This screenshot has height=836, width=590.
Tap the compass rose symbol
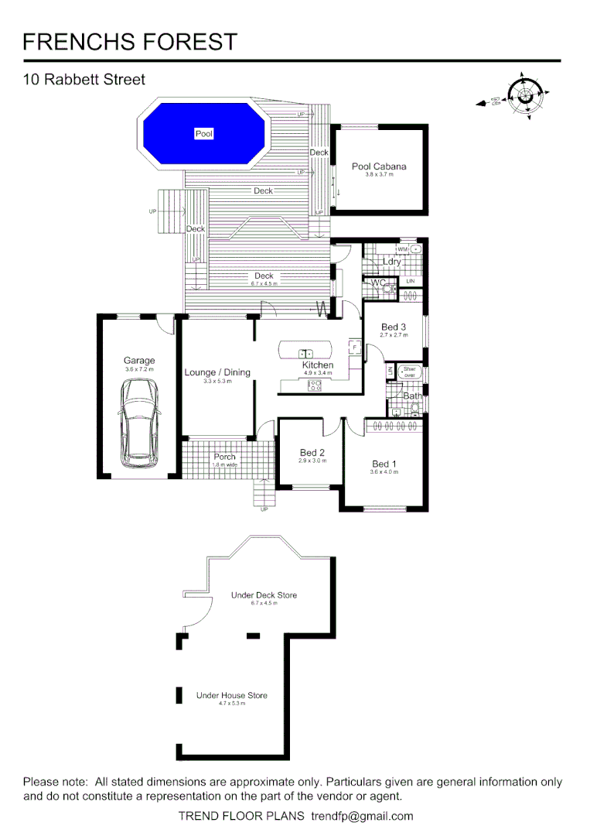pos(525,95)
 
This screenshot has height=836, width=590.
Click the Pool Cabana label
pos(379,166)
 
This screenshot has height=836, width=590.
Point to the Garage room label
pos(139,360)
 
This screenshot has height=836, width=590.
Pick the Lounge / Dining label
pos(217,372)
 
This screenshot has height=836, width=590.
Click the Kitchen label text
pos(318,365)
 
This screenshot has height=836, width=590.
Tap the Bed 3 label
pos(394,327)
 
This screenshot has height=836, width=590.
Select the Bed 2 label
pos(312,453)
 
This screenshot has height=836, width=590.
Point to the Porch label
pos(224,457)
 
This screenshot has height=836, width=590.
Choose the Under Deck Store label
pos(264,595)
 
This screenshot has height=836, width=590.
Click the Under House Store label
pos(231,695)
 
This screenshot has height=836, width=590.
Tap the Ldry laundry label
pos(392,262)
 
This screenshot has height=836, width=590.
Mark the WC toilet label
pos(377,283)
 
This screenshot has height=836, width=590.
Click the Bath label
pos(413,396)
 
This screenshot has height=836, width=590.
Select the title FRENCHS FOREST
pos(131,42)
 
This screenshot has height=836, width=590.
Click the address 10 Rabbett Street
pos(84,79)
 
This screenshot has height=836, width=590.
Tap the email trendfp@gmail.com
pos(362,816)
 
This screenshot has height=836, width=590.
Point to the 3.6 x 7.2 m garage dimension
pos(139,369)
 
